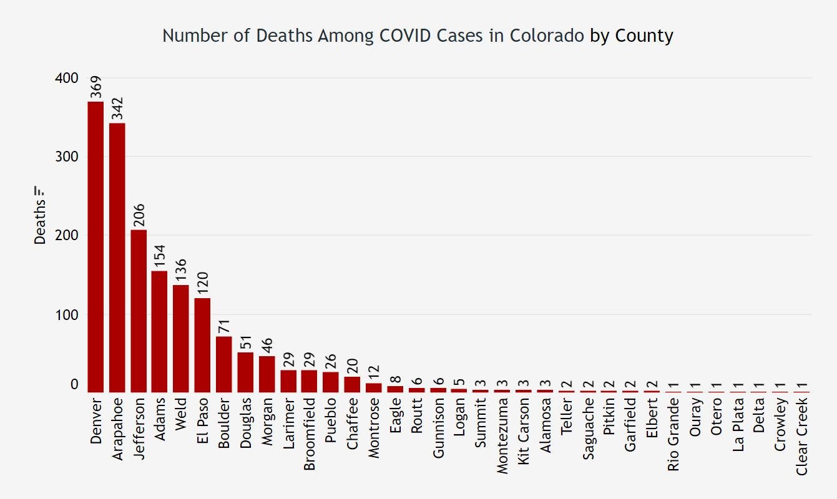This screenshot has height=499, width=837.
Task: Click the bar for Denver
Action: (x=95, y=246)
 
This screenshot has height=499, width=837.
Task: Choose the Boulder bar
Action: (x=224, y=364)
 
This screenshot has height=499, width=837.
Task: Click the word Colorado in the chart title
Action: (x=547, y=36)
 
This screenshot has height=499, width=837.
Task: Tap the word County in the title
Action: (x=644, y=36)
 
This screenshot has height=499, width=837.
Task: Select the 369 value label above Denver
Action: (x=96, y=87)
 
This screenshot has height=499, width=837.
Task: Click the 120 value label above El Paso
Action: (x=203, y=284)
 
